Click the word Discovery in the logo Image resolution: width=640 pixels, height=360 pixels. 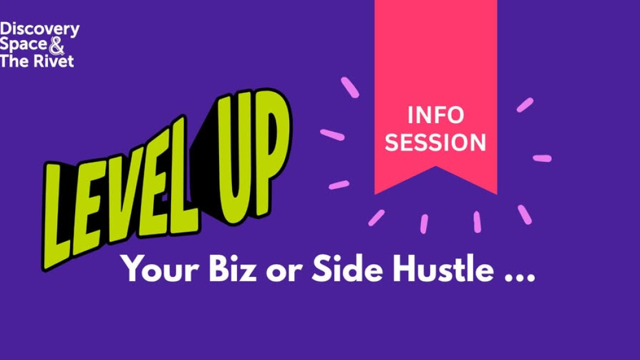39,30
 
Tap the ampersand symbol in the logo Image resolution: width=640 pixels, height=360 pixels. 57,46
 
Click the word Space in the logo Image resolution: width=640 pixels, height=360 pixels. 23,44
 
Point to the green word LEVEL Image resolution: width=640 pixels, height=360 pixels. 118,192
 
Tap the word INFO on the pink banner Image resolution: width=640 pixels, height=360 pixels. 436,115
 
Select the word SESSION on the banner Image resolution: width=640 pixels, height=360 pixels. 436,142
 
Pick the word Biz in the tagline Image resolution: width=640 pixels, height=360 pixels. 233,268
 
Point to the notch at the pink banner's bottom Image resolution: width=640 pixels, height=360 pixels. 436,167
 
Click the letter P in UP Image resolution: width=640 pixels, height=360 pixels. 271,151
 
